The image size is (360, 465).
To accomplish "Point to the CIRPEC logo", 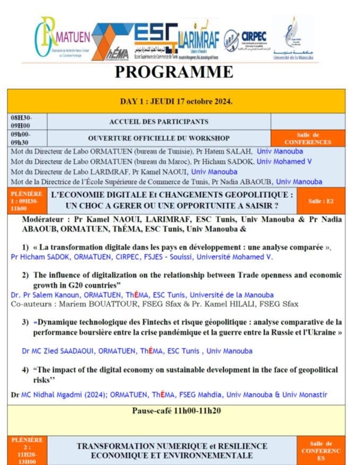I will pyautogui.click(x=245, y=40).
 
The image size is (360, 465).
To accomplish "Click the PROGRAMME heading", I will pyautogui.click(x=174, y=72).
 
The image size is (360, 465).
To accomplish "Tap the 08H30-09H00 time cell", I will pyautogui.click(x=27, y=121).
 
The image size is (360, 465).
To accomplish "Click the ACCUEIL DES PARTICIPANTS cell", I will pyautogui.click(x=159, y=121).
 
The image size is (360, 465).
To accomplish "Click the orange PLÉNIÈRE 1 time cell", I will pyautogui.click(x=27, y=201).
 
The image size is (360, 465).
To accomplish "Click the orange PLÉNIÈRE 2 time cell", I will pyautogui.click(x=27, y=450).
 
